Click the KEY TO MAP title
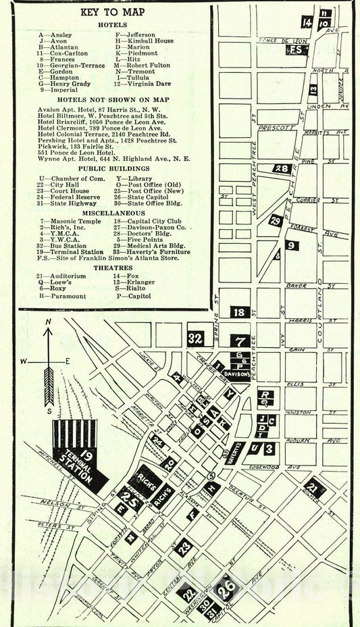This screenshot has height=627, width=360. [111, 12]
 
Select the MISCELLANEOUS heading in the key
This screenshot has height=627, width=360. [113, 212]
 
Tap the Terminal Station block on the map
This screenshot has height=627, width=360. [79, 457]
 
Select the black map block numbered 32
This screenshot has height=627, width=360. [195, 338]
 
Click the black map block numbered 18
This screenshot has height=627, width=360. [238, 312]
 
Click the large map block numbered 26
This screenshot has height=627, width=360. [228, 586]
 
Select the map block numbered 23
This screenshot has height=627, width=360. [183, 547]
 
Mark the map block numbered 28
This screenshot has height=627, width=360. [282, 169]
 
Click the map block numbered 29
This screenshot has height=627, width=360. [275, 220]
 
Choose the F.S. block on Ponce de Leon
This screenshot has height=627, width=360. [296, 50]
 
